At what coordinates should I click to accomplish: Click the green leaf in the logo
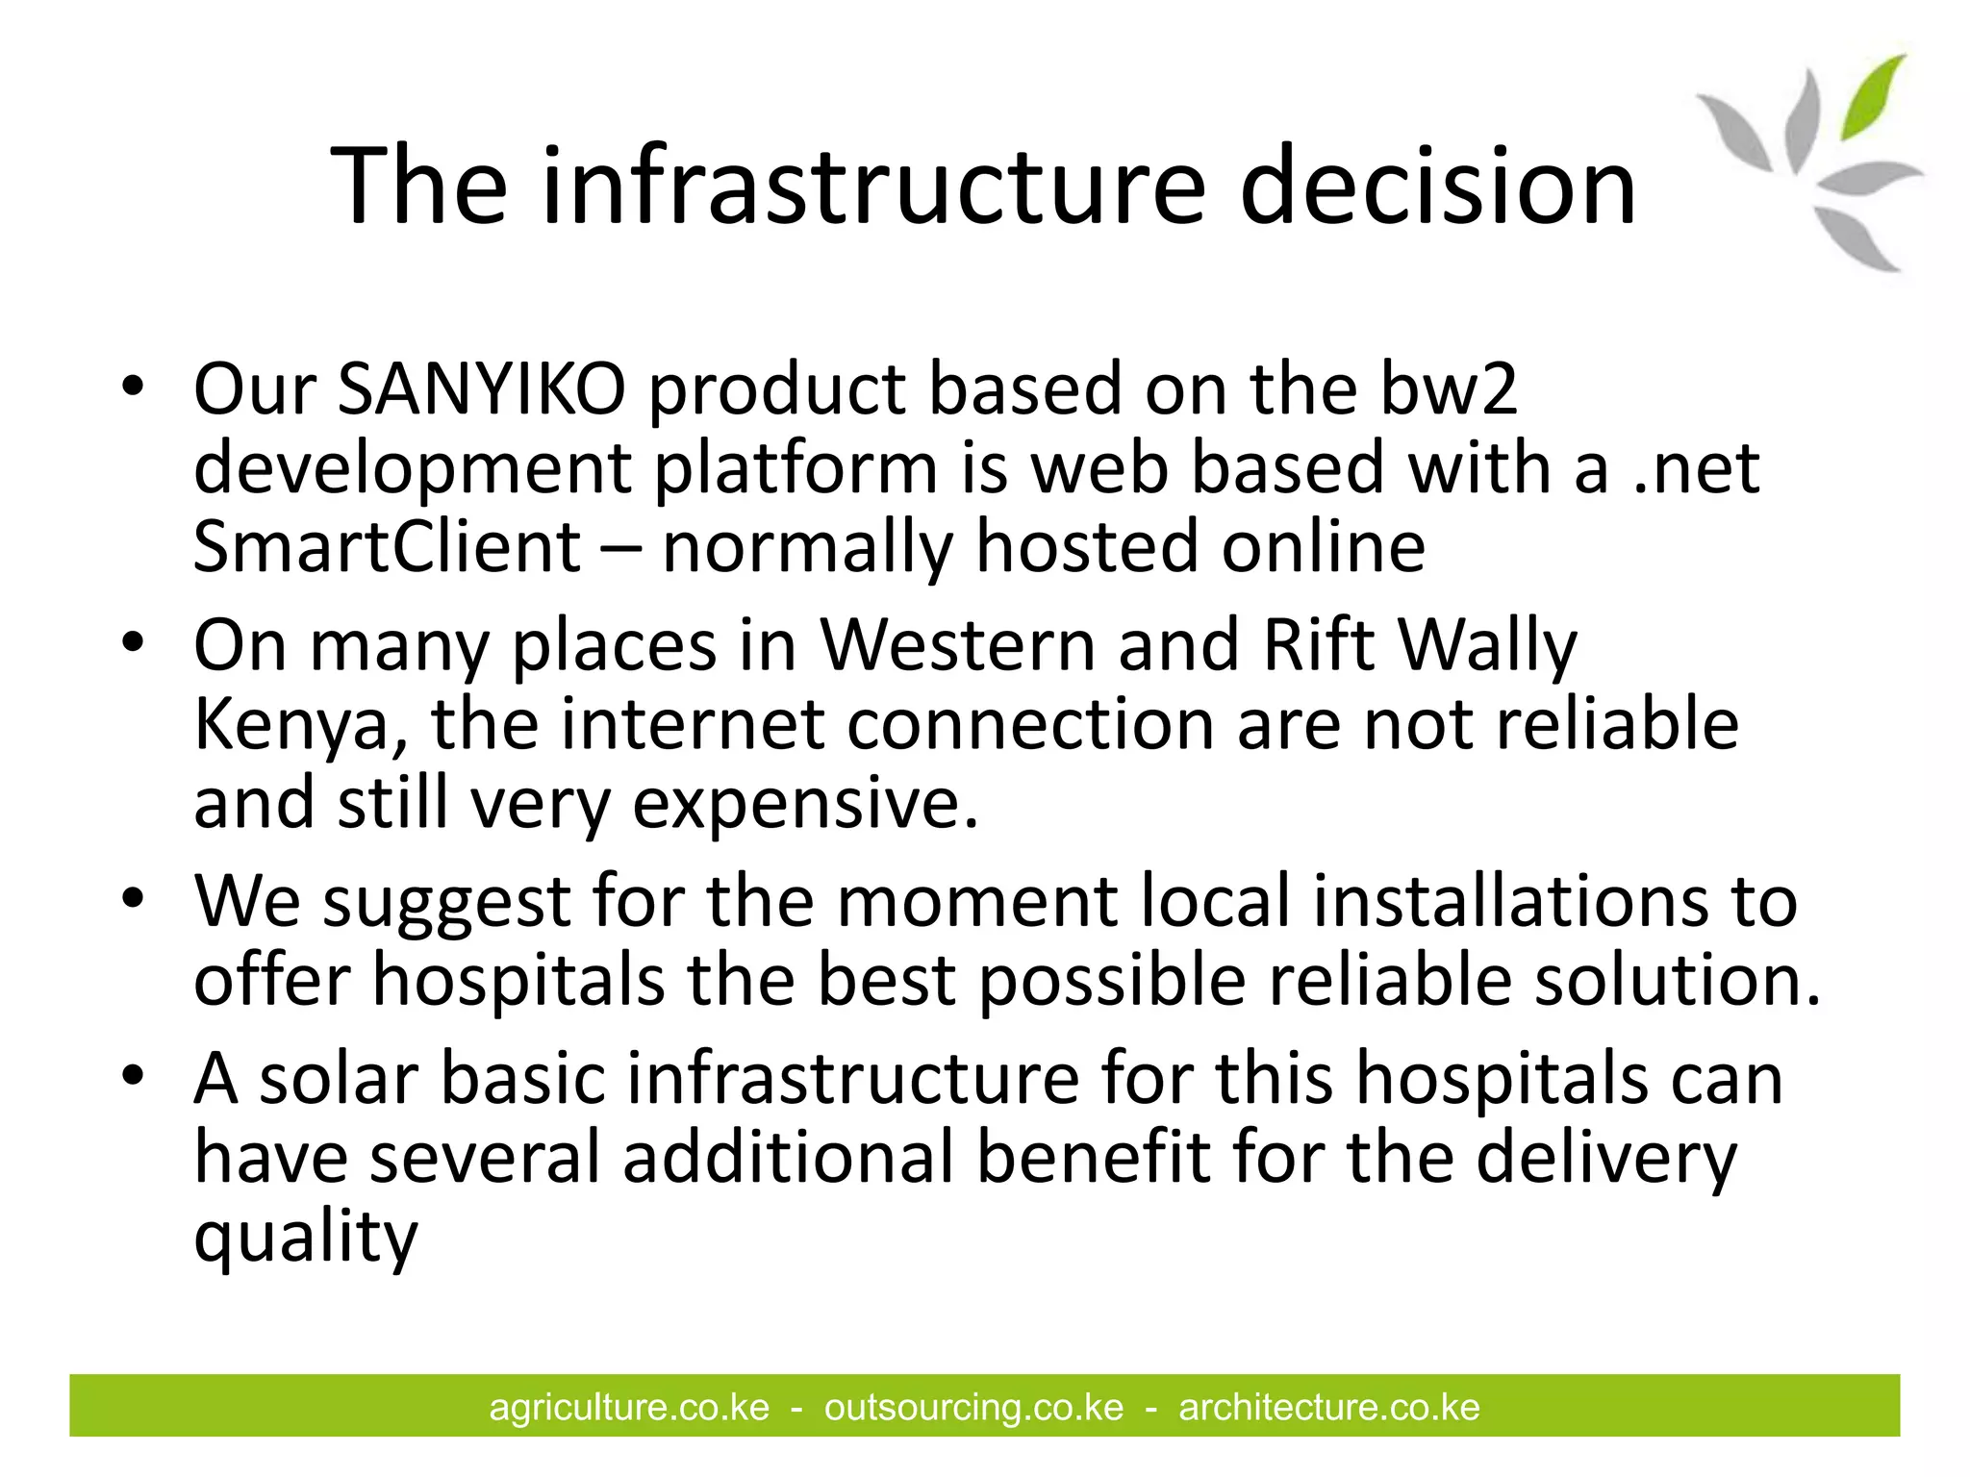click(x=1872, y=96)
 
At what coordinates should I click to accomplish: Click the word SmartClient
click(x=387, y=547)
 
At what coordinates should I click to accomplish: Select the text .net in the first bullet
click(x=1697, y=469)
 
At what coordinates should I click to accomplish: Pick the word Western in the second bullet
click(x=957, y=646)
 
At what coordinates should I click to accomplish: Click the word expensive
click(x=804, y=804)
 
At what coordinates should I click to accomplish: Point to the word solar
click(x=337, y=1079)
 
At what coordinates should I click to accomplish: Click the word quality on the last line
click(x=306, y=1239)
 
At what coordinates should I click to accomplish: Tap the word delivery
click(x=1605, y=1158)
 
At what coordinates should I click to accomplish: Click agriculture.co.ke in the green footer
click(x=629, y=1408)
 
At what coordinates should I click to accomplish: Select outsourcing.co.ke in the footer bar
click(x=973, y=1408)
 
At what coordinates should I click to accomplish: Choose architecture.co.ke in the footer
click(x=1328, y=1408)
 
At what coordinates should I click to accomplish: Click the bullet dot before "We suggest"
click(x=133, y=899)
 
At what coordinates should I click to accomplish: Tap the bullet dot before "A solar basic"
click(x=133, y=1074)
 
